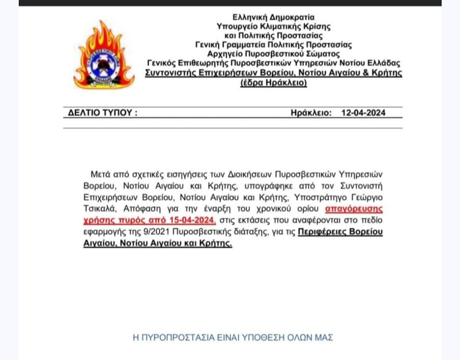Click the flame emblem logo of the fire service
tap(103, 55)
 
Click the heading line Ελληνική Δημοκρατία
tap(273, 17)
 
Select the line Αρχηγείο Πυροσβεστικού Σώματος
tap(273, 54)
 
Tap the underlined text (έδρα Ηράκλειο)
tap(273, 83)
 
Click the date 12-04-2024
tap(363, 113)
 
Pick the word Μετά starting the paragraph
tap(101, 175)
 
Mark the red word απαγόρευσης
tap(354, 209)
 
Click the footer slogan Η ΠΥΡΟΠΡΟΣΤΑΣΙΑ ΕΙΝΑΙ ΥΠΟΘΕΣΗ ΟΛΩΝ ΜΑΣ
tap(233, 338)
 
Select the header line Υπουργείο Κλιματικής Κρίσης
tap(273, 26)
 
